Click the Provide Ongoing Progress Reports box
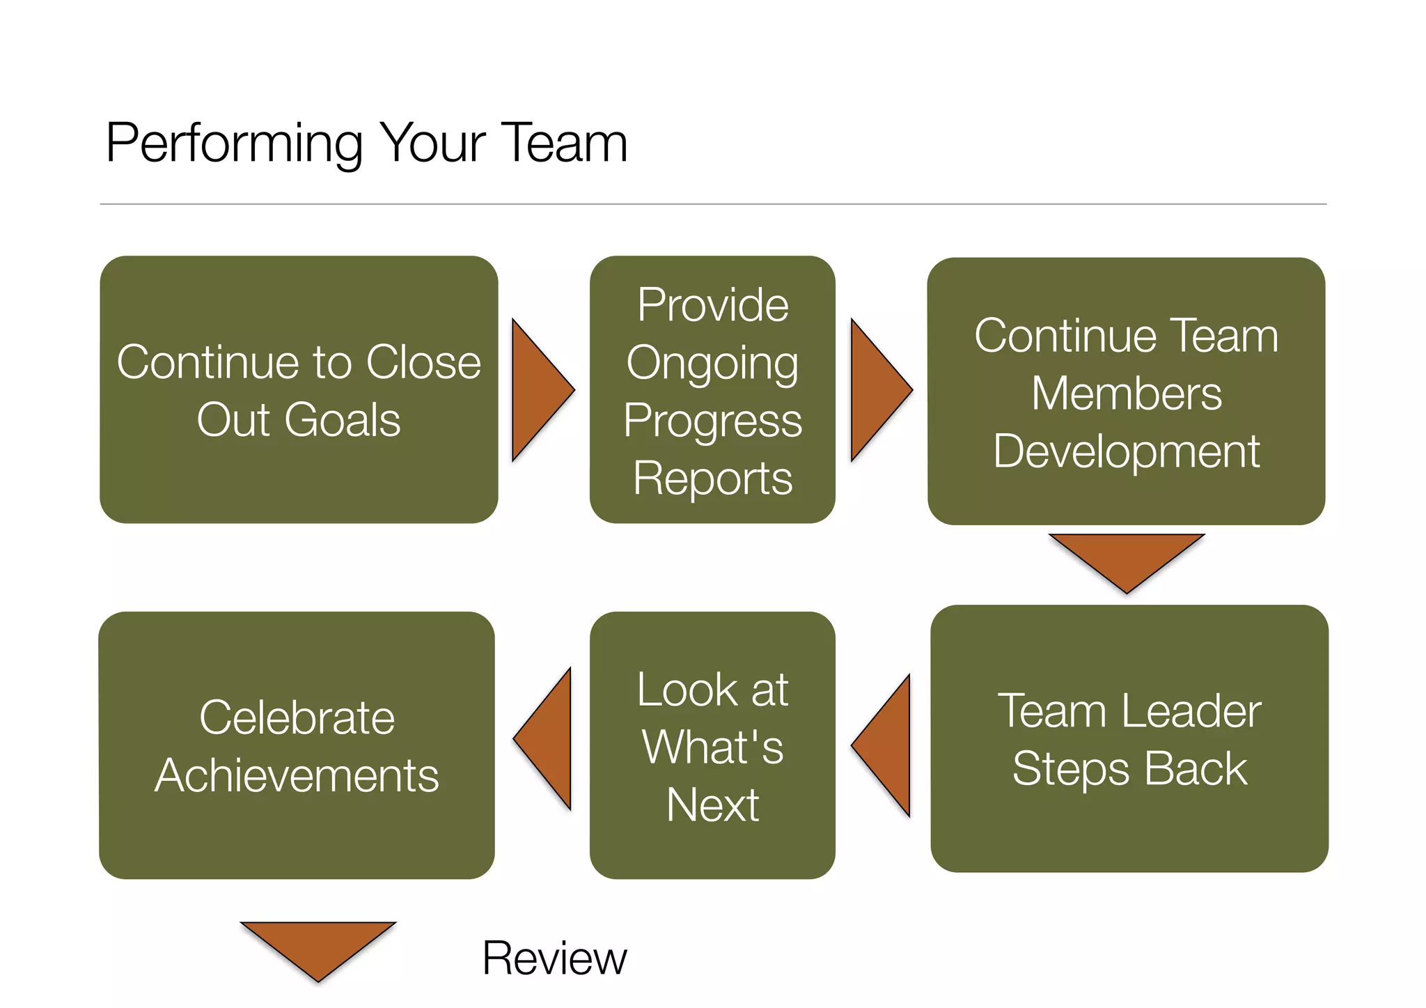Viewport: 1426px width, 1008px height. pyautogui.click(x=712, y=390)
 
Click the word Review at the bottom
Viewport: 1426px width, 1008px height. pyautogui.click(x=554, y=959)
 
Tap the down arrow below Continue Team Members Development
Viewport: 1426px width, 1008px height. pyautogui.click(x=1126, y=557)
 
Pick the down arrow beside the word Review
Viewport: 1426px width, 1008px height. pyautogui.click(x=318, y=945)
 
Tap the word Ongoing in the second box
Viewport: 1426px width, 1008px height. pyautogui.click(x=712, y=363)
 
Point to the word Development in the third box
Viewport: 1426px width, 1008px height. pyautogui.click(x=1126, y=451)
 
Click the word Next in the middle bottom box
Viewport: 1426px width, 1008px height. pyautogui.click(x=712, y=805)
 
